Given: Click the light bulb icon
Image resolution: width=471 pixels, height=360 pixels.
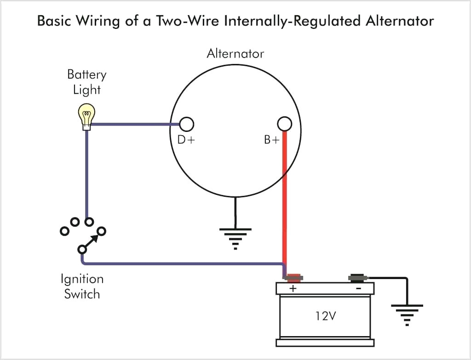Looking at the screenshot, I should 86,115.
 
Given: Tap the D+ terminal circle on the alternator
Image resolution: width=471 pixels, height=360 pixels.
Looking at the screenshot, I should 186,124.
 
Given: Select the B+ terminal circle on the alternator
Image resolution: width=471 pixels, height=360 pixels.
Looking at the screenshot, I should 285,124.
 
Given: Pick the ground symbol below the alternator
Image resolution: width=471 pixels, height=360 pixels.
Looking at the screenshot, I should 235,237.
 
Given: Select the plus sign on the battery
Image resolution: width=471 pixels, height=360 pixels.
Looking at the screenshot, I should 293,288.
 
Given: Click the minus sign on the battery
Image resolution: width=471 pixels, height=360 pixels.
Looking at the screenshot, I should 358,288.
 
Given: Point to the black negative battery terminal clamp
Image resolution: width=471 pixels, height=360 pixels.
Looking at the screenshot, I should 356,278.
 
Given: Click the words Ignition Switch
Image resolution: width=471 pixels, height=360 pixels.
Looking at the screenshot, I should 82,286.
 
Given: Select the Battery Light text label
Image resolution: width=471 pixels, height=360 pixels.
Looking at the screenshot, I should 86,82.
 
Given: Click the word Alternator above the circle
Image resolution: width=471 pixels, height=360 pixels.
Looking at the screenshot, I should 235,53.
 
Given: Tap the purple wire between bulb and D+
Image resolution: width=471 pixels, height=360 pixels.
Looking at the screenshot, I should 133,124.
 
